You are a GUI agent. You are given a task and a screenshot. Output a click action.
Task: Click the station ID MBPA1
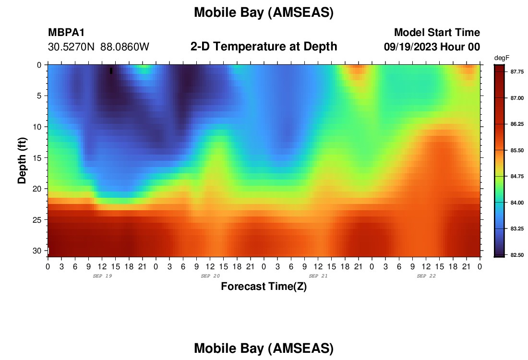coord(66,32)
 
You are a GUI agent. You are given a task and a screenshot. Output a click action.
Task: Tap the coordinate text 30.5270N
coord(71,47)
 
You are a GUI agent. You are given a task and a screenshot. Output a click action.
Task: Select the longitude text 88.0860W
coord(125,47)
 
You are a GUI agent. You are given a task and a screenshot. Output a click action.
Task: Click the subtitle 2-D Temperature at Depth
coord(264,47)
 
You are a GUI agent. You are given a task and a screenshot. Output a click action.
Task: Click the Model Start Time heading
coord(437,32)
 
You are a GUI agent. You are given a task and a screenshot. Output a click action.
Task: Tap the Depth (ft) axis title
coord(22,160)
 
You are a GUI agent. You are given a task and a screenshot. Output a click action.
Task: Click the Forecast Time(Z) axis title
coord(264,286)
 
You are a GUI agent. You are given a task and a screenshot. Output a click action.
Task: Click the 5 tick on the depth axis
coord(39,96)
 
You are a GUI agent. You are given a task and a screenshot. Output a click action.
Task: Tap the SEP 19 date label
coord(102,276)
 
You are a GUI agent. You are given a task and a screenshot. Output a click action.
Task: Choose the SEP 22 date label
coord(426,276)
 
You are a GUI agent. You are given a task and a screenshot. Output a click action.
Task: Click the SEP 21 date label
coord(318,276)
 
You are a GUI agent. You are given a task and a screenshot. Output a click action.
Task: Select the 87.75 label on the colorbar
coord(517,72)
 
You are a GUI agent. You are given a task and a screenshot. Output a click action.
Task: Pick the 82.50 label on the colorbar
coord(517,255)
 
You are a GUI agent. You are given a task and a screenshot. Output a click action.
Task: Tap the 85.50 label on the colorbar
coord(517,150)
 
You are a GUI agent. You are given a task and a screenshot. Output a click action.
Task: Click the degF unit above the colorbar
coord(502,58)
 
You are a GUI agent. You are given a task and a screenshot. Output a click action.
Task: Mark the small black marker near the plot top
coord(111,71)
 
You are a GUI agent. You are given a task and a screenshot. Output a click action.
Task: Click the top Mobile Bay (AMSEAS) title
coord(264,12)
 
